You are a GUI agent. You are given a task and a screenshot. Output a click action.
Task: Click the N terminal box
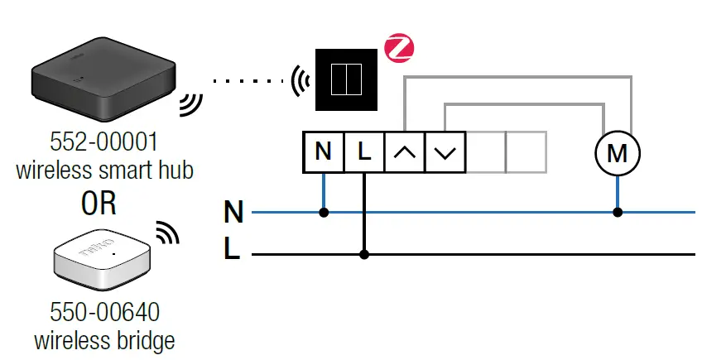324,152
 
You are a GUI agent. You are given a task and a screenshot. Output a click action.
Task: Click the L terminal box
363,152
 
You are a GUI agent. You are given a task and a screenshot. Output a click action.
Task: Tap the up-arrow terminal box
404,152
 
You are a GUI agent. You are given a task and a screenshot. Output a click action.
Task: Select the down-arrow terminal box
445,152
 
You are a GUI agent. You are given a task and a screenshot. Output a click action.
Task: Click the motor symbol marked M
618,153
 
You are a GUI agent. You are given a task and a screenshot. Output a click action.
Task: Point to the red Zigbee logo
399,48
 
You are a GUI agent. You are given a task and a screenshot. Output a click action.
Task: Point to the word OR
99,204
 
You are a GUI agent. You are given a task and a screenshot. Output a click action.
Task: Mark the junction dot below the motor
618,213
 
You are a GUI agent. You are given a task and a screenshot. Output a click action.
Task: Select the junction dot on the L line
363,255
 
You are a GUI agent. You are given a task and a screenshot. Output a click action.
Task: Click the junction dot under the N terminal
324,213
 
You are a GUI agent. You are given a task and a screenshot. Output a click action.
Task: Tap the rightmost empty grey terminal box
526,152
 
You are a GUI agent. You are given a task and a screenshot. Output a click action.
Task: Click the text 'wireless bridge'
104,340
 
